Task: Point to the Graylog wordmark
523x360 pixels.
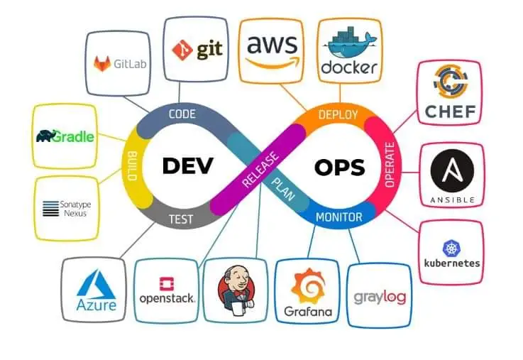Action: point(380,296)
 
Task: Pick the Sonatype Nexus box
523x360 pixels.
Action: point(65,208)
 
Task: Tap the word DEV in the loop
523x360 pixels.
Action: point(188,165)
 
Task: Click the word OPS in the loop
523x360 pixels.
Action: point(339,167)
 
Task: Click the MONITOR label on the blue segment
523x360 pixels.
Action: point(338,217)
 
